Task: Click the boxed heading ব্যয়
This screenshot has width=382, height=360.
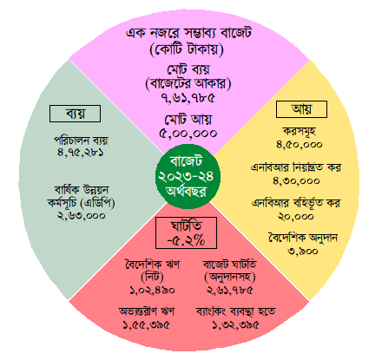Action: click(x=76, y=114)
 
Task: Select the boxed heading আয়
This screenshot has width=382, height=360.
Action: click(x=301, y=109)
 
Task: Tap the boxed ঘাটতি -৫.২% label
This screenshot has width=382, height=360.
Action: click(x=186, y=232)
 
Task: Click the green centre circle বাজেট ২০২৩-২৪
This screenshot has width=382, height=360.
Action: click(x=188, y=176)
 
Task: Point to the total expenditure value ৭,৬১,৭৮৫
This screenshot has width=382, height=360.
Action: click(x=188, y=98)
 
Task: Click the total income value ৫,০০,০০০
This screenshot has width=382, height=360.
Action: click(x=188, y=134)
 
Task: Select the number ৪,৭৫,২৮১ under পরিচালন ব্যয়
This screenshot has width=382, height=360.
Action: click(x=81, y=152)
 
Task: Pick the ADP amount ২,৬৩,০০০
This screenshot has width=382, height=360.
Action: click(x=81, y=215)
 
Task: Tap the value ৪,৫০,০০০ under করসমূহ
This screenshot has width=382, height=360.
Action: click(x=300, y=144)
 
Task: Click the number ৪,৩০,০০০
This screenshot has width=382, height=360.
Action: click(x=296, y=180)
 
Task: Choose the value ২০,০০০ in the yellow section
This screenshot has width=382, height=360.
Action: click(x=296, y=217)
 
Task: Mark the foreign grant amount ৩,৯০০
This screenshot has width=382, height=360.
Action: click(x=303, y=251)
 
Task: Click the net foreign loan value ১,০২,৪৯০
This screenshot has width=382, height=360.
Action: click(x=152, y=290)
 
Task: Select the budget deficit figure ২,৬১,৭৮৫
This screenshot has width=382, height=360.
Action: click(x=230, y=290)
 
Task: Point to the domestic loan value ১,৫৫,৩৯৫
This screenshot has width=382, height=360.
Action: click(x=146, y=325)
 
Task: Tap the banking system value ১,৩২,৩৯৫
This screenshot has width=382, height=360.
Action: click(x=235, y=325)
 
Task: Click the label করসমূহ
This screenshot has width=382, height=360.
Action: click(x=300, y=131)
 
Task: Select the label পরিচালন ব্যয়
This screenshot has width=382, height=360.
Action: click(x=81, y=141)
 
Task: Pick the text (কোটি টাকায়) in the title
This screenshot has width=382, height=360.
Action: click(x=187, y=49)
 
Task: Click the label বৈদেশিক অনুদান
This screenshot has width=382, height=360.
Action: click(x=303, y=238)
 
